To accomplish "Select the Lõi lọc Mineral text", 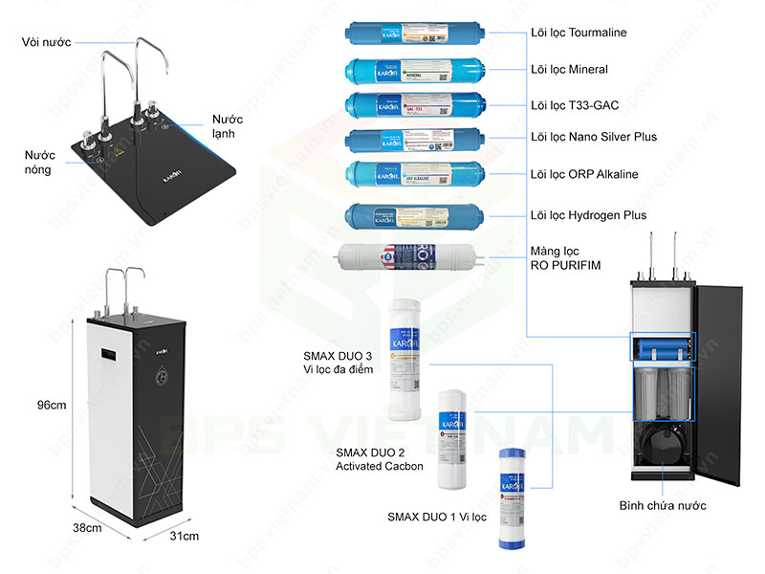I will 569,70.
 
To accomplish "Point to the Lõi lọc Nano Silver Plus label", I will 594,138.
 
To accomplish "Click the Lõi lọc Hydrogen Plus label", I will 588,215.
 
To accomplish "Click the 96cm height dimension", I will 51,405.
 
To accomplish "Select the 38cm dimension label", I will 89,527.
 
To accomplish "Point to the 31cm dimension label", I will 185,536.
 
